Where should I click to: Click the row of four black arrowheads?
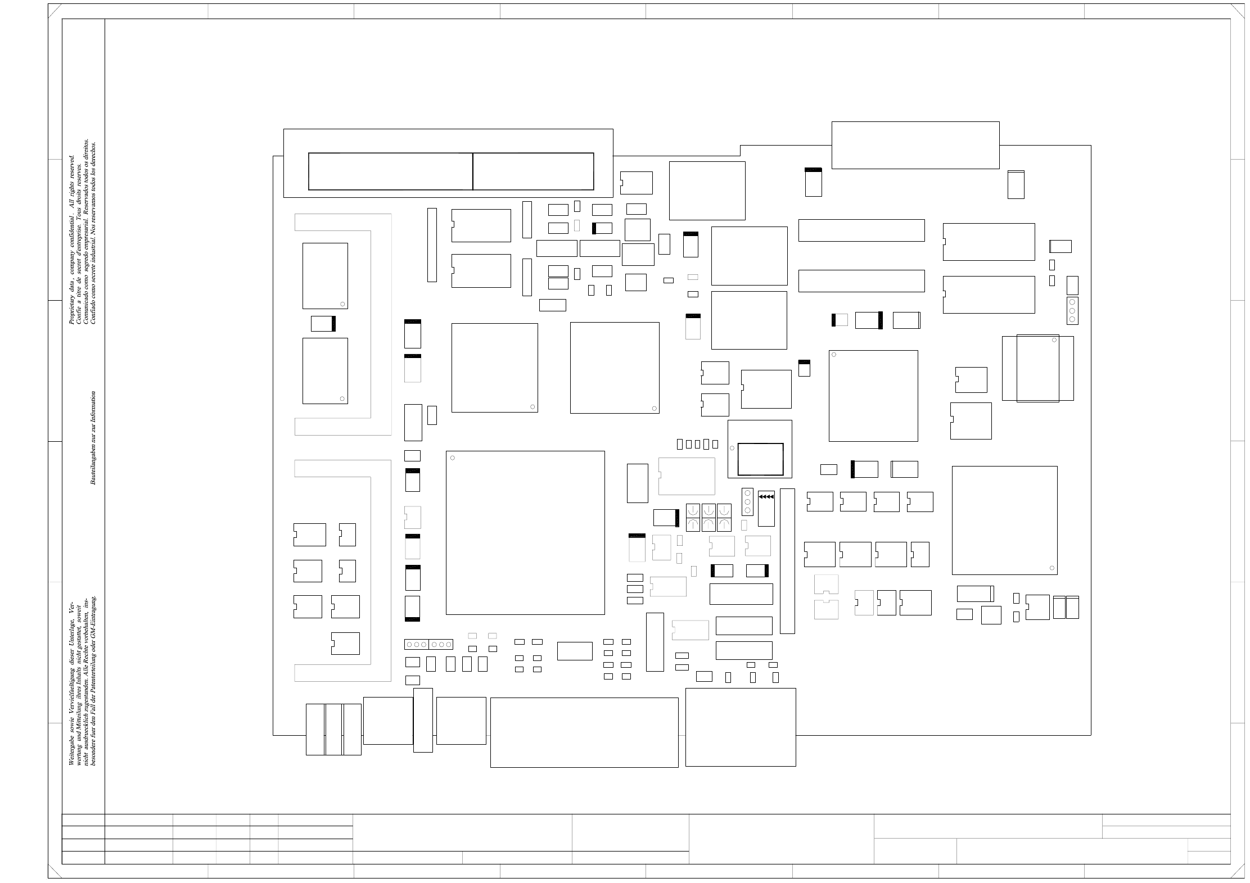[766, 497]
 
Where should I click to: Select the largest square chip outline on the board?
[525, 532]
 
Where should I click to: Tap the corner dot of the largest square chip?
[453, 458]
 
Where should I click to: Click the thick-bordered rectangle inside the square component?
[760, 459]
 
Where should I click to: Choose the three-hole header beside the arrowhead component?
[747, 501]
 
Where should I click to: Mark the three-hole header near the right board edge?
[1072, 311]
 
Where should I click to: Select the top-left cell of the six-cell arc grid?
[693, 510]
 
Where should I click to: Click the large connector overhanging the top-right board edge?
[915, 145]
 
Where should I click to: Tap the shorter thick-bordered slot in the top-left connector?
[533, 171]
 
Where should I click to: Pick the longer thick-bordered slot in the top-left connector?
[390, 171]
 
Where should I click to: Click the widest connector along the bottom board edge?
[584, 732]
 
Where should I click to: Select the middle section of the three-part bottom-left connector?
[333, 730]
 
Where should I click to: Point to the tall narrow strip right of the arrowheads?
[787, 561]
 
